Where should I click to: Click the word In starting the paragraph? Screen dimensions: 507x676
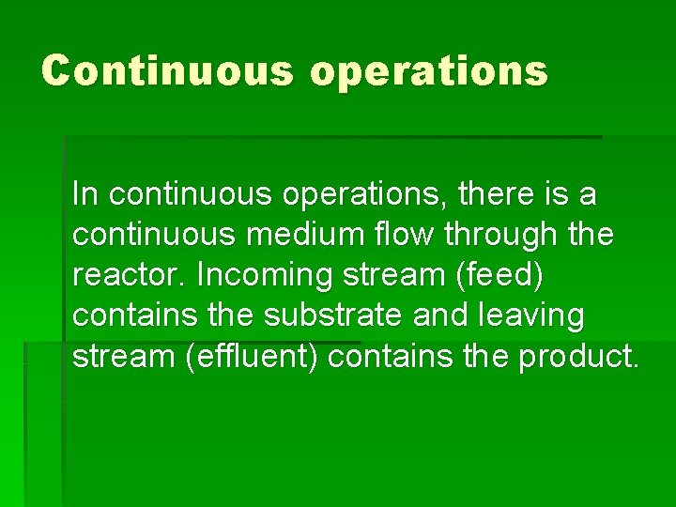click(x=84, y=194)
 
